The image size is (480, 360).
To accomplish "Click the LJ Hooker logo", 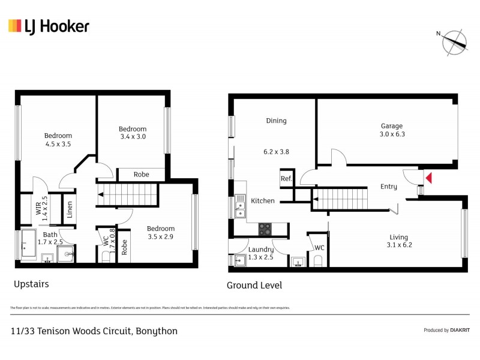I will click(x=49, y=26).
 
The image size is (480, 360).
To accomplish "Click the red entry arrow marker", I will click(x=428, y=177).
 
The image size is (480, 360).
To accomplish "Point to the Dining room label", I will click(x=276, y=121).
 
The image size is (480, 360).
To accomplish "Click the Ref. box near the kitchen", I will click(x=286, y=178).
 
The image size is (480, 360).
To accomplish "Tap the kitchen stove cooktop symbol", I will click(x=265, y=229).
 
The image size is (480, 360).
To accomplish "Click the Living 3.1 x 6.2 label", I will click(x=399, y=241).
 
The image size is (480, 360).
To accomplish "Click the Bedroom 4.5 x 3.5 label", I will click(x=58, y=140).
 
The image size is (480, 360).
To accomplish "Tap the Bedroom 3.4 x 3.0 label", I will click(x=132, y=133).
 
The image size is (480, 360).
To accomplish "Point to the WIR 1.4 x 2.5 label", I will click(x=40, y=205).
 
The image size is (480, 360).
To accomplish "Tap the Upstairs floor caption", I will click(x=31, y=284).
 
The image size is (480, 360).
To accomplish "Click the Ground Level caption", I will click(x=254, y=286).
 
